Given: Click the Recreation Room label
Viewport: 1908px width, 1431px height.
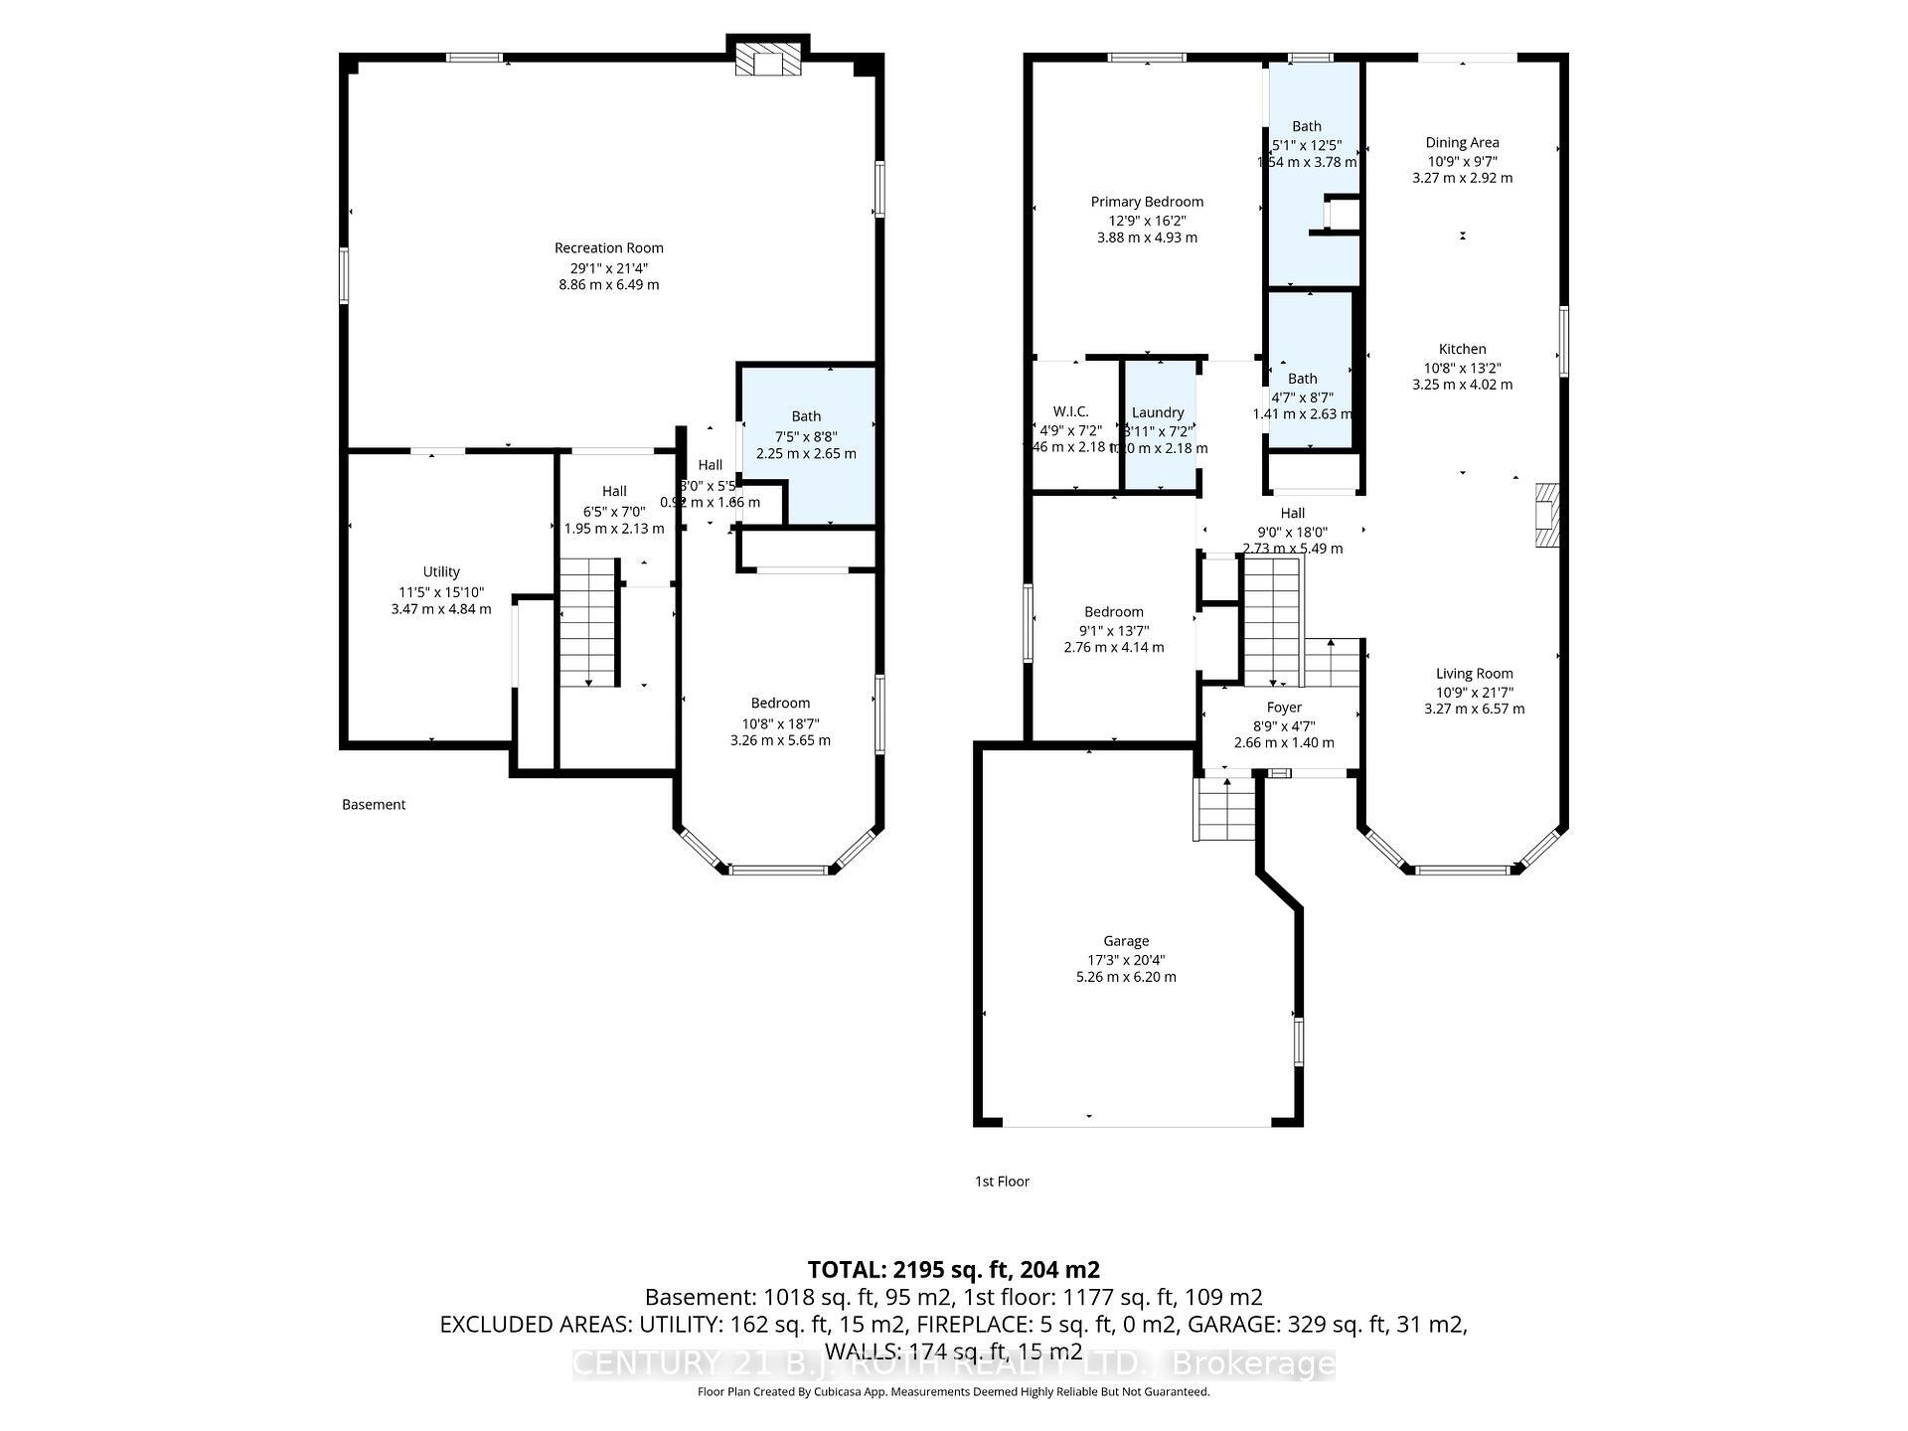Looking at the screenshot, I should click(x=608, y=247).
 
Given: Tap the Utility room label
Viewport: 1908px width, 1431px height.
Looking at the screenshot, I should click(x=441, y=571).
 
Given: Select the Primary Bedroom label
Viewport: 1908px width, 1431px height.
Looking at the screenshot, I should click(x=1147, y=202).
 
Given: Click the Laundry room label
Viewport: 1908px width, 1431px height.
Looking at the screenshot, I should click(x=1158, y=412).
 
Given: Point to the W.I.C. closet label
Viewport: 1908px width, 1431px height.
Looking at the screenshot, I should click(x=1071, y=411).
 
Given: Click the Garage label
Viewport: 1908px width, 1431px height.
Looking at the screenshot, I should click(x=1126, y=941).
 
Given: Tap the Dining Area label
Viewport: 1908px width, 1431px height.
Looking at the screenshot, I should click(x=1462, y=143).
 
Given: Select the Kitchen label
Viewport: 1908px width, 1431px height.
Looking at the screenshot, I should click(x=1462, y=349).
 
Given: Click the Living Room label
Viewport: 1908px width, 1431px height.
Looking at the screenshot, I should click(x=1474, y=674).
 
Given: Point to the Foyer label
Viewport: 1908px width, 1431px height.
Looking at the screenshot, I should click(x=1284, y=708).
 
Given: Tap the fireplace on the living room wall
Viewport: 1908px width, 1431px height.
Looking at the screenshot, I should click(x=1546, y=515).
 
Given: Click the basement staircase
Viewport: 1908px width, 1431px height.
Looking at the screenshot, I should click(x=589, y=621).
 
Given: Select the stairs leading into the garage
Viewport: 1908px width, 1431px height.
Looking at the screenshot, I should click(x=1226, y=809).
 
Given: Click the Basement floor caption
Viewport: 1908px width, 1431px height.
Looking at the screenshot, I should click(x=374, y=805).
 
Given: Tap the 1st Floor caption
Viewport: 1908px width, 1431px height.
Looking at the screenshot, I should click(x=1002, y=1182).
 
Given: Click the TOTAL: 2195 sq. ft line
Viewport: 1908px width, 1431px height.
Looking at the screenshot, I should click(x=953, y=1269).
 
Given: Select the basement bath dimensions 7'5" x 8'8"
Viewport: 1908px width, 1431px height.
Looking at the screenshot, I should click(x=806, y=436).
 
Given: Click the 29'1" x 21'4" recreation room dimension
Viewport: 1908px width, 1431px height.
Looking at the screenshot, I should click(x=608, y=268).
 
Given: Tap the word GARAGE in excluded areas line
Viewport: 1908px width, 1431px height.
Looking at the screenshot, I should click(x=1235, y=1325).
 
